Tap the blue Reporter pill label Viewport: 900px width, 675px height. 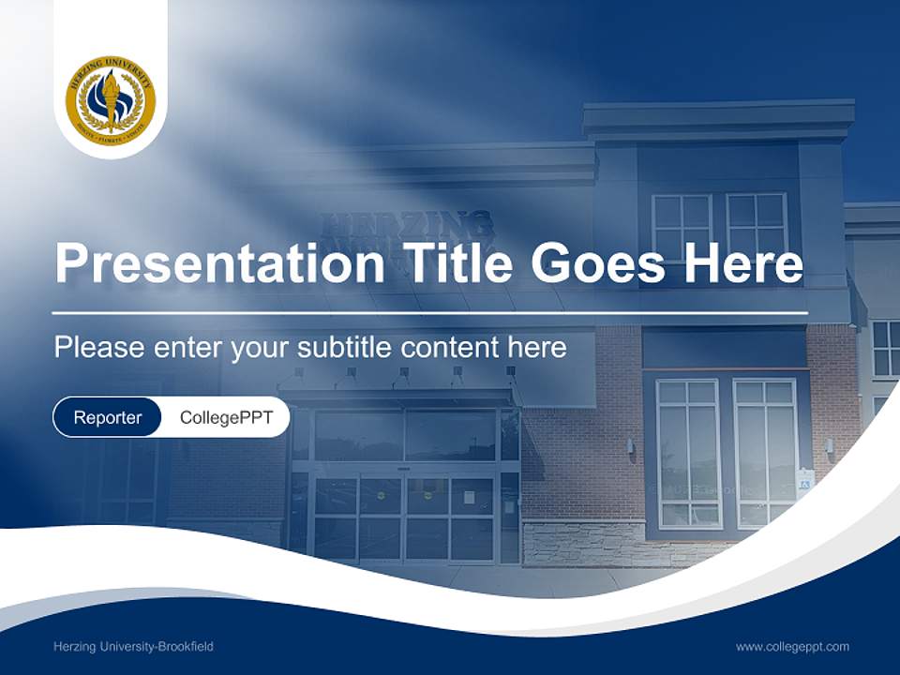[107, 417]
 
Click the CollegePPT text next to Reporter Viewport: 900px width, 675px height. [226, 417]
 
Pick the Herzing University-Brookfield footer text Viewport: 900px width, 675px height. [134, 647]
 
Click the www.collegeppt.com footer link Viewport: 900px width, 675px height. [792, 647]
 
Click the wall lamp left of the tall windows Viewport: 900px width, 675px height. [630, 446]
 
